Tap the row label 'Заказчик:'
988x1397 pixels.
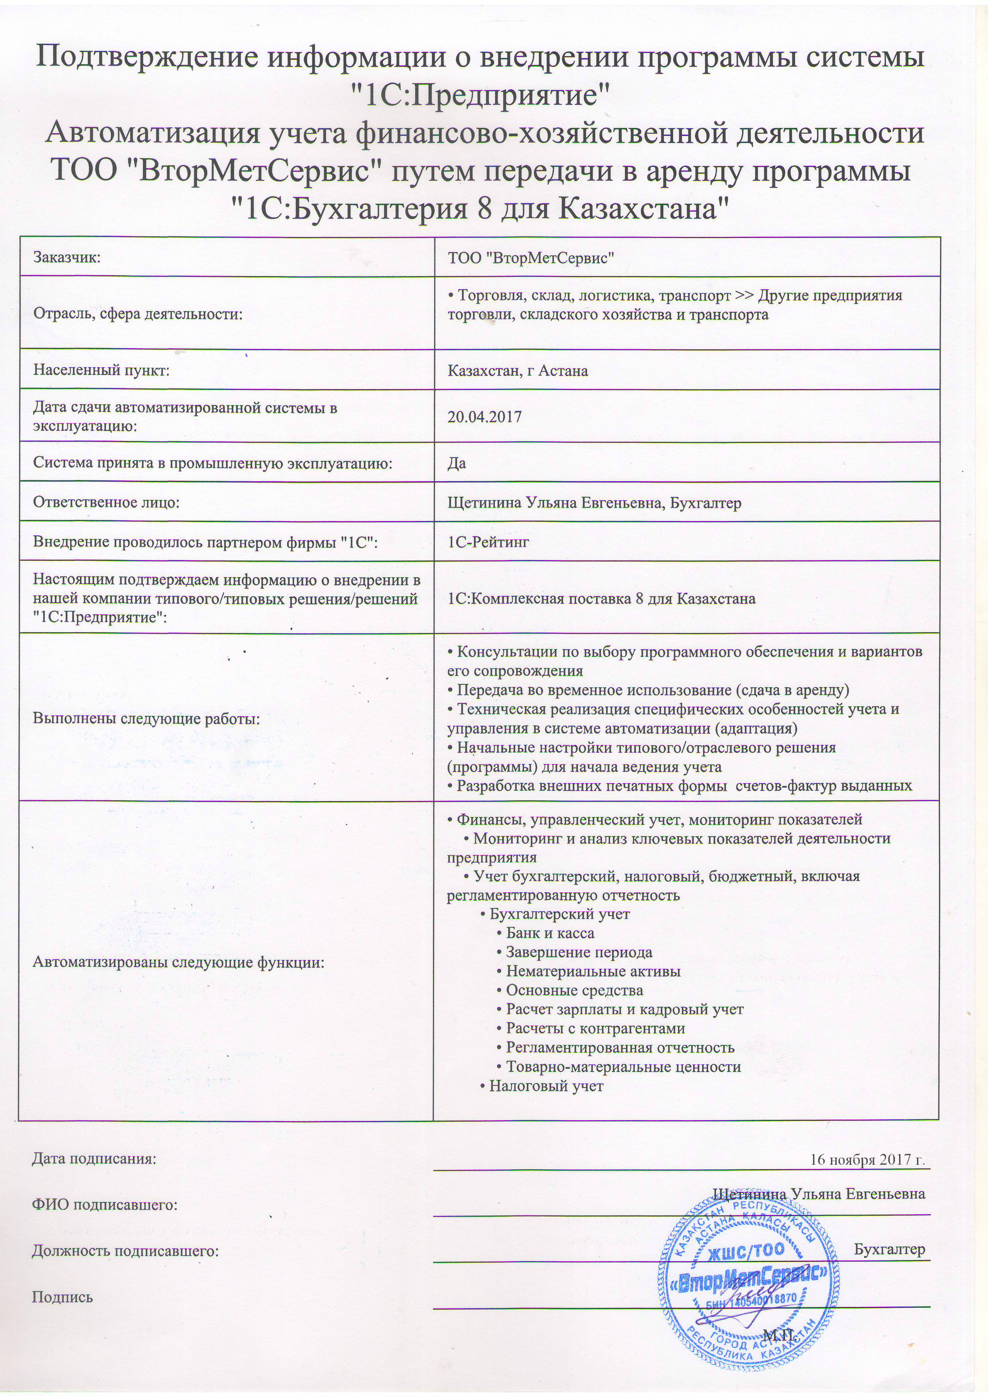66,257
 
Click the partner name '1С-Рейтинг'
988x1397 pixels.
488,541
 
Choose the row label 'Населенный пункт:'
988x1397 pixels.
101,370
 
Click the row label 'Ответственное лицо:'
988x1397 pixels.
107,503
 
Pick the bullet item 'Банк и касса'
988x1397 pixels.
549,933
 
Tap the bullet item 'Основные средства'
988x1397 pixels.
574,991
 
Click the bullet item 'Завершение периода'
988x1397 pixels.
578,952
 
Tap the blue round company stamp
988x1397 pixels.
748,1272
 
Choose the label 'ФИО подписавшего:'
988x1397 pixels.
105,1204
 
